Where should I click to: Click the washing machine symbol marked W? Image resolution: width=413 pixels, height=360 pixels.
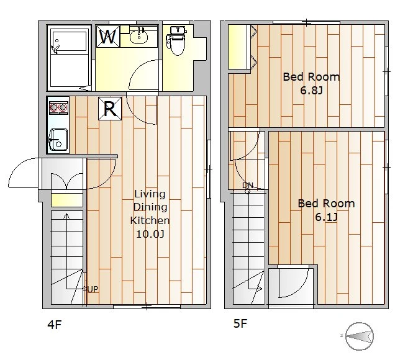pos(108,37)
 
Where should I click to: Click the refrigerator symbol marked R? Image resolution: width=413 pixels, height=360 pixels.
pos(110,109)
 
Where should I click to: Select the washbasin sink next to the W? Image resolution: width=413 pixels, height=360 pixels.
pos(139,36)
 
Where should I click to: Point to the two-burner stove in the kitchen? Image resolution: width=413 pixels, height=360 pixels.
pos(58,107)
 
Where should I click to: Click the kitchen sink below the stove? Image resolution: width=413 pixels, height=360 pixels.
pos(58,140)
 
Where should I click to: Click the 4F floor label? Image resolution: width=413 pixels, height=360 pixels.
pos(55,325)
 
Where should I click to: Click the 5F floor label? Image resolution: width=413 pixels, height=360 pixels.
pos(240,323)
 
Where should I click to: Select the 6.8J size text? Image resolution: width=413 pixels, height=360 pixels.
pos(312,91)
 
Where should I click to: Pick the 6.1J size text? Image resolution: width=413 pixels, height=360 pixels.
pos(327,217)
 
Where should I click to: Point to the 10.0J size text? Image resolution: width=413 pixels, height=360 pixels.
pos(150,234)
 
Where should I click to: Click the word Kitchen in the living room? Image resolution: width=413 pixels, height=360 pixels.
pos(150,220)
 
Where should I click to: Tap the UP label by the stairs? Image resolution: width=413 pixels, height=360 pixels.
pos(93,289)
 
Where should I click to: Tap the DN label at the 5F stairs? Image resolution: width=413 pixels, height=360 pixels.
pos(248,185)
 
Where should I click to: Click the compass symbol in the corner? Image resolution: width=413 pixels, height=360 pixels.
pos(360,336)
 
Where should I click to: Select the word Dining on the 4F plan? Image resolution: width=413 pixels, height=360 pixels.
pos(150,207)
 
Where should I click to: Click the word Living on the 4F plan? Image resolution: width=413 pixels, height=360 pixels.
pos(150,194)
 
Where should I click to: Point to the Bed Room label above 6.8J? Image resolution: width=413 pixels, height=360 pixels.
pos(311,77)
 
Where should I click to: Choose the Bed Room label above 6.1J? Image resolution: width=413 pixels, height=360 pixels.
pos(326,204)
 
